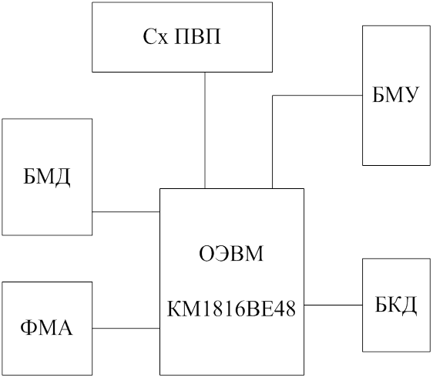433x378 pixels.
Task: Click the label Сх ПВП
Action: pos(182,37)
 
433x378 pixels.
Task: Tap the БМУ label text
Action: pos(394,95)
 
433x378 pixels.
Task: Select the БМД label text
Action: pos(47,177)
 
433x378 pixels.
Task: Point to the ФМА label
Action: pos(46,328)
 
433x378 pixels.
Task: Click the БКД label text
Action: pos(395,305)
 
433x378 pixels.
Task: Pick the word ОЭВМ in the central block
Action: pos(231,254)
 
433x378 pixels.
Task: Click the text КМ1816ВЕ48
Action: pos(231,309)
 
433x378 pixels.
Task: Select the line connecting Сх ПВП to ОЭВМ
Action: pos(205,130)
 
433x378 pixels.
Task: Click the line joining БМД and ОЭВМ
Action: pos(126,212)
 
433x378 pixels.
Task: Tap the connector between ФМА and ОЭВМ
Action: pos(126,328)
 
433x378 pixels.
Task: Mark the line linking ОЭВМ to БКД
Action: pos(334,305)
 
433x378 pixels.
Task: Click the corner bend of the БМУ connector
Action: pos(273,96)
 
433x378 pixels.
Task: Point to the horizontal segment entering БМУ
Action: pos(317,96)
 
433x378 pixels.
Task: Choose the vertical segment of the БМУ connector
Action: pos(273,142)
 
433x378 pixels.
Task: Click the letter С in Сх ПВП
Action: pos(149,37)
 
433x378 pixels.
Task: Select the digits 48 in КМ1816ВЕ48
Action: pos(287,309)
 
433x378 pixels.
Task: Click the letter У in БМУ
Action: pos(408,95)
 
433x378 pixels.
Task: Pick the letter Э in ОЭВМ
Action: pos(220,254)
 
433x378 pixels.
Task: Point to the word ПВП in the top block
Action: pos(198,37)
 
